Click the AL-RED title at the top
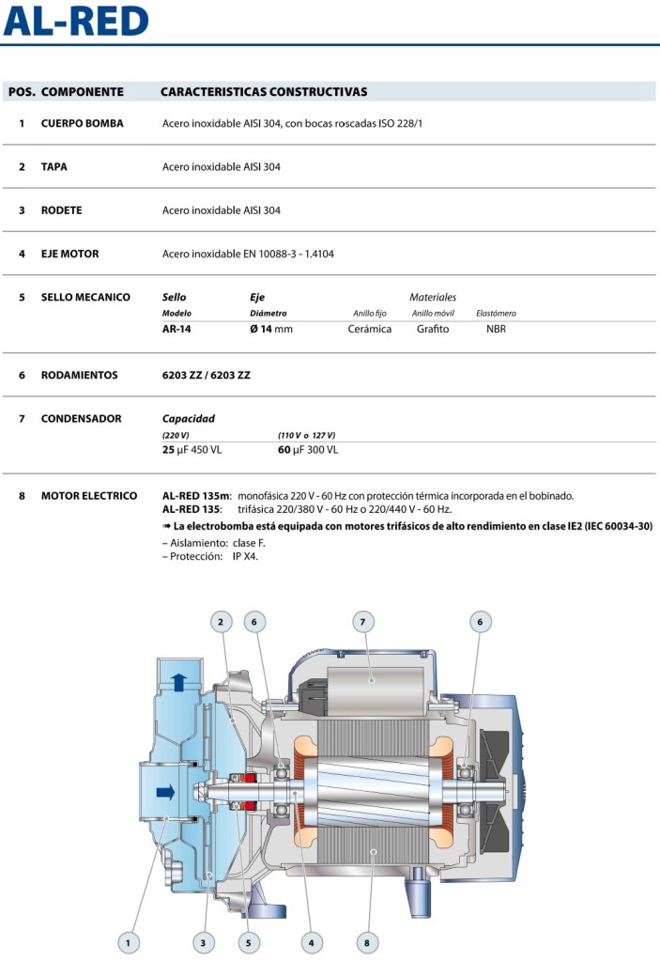[76, 22]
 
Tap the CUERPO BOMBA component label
[82, 123]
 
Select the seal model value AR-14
[177, 329]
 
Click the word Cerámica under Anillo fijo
[370, 329]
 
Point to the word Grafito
[433, 329]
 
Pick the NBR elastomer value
[496, 329]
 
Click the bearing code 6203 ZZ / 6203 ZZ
[207, 375]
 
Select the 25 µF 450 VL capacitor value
[192, 450]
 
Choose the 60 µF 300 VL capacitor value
[308, 450]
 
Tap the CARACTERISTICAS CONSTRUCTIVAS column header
[264, 92]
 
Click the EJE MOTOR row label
[69, 254]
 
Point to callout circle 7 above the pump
[363, 621]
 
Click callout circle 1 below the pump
[129, 940]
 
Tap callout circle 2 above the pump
[220, 621]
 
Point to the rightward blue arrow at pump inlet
[165, 793]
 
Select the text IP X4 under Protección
[245, 556]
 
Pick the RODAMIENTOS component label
[80, 375]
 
